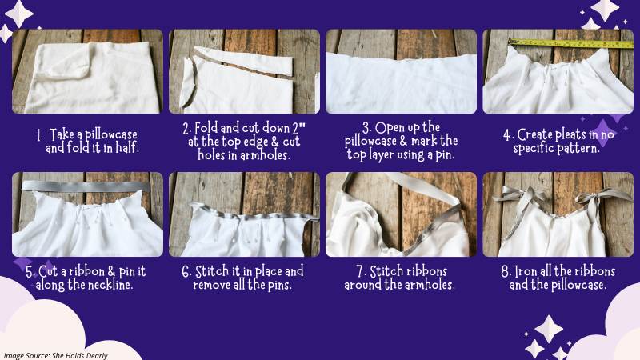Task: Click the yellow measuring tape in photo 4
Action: coord(570,43)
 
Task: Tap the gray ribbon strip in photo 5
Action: coord(86,186)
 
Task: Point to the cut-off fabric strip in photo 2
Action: coord(244,61)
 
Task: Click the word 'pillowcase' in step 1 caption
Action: coord(111,134)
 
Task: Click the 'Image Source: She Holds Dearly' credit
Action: coord(55,355)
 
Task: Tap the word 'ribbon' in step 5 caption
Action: coord(86,271)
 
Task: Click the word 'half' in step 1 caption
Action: coord(127,148)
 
